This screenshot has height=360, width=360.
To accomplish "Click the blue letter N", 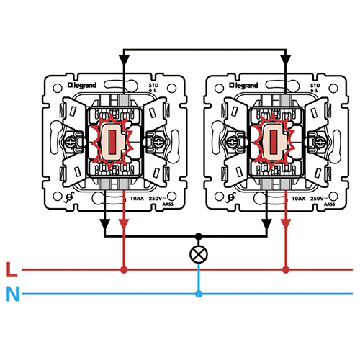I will tap(11, 294).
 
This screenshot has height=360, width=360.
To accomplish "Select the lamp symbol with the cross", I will tap(198, 253).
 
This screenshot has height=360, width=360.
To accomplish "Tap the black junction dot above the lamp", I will tap(198, 236).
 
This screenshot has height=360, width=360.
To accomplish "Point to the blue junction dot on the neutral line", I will tap(198, 294).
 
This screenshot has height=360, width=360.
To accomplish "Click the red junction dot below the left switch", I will tap(124, 270).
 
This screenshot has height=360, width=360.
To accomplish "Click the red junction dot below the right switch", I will tap(286, 270).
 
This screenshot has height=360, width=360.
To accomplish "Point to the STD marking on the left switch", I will tap(153, 85).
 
